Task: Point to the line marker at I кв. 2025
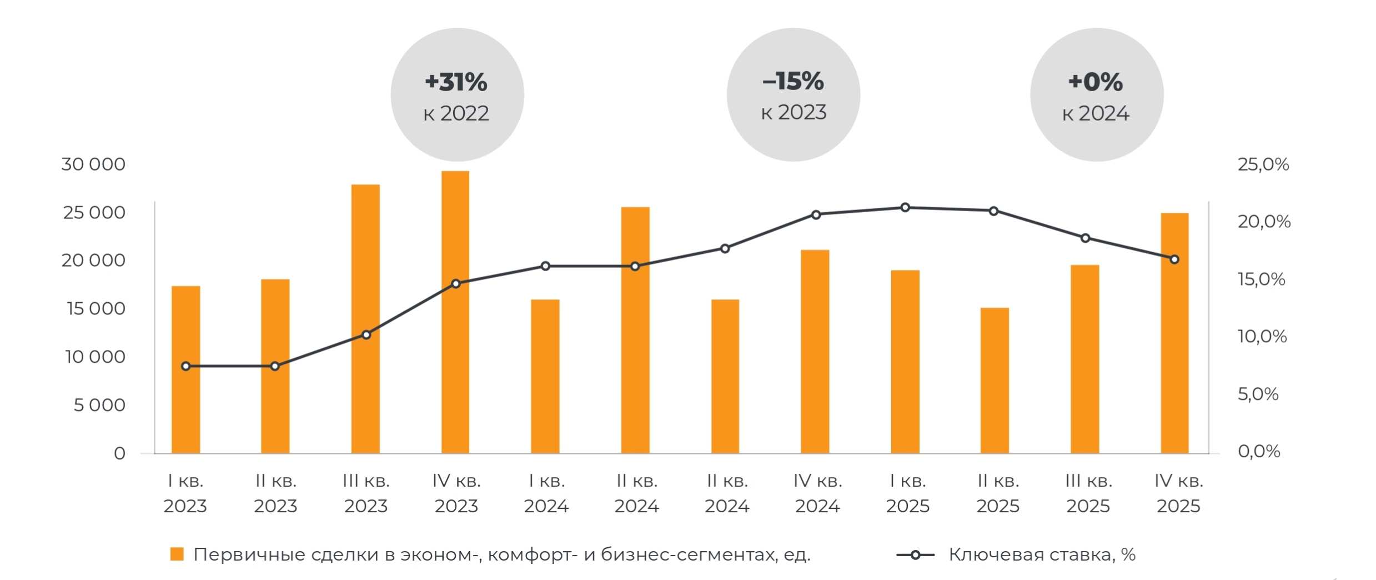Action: pos(905,207)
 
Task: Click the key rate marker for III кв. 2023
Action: pos(366,334)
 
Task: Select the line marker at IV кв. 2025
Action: pos(1174,259)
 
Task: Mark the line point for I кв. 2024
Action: pos(545,266)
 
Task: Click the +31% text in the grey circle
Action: pos(456,82)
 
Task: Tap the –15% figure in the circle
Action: pos(793,81)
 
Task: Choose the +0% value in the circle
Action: pos(1096,82)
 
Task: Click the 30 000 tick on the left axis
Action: pos(93,164)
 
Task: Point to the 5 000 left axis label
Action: pos(99,405)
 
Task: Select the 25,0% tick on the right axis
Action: pos(1263,164)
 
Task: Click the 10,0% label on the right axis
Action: pos(1262,336)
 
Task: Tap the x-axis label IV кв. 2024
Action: pos(817,493)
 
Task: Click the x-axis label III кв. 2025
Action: pos(1088,493)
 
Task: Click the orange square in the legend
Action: pos(177,554)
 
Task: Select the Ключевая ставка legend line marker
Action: pos(915,554)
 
